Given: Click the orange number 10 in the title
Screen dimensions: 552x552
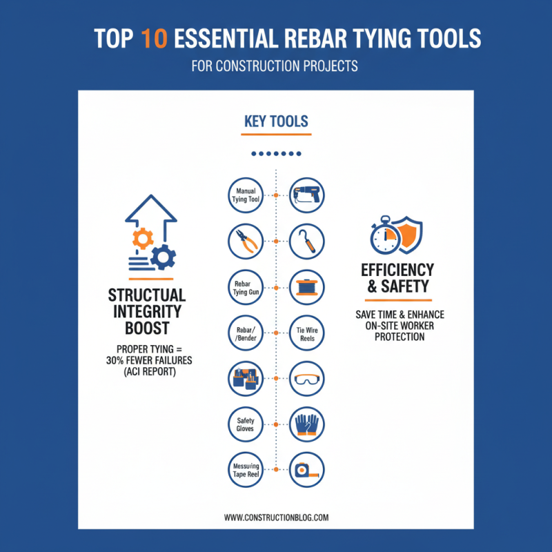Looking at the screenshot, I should [153, 39].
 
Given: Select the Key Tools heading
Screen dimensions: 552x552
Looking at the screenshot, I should [276, 121].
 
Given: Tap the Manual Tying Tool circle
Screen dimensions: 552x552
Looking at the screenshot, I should [246, 195].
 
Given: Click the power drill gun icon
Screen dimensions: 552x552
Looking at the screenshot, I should [306, 195].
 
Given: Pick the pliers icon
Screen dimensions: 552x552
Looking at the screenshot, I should [246, 241].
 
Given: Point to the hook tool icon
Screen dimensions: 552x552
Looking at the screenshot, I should [306, 241].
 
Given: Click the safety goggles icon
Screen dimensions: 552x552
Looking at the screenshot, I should [306, 379].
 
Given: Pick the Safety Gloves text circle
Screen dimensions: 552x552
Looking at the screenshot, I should [246, 424].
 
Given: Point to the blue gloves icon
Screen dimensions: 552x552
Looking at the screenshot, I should [306, 424].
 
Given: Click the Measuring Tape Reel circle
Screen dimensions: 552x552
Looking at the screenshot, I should [246, 471].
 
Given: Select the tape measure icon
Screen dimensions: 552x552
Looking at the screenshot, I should [306, 471].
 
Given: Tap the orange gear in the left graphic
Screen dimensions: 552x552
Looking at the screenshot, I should [143, 239].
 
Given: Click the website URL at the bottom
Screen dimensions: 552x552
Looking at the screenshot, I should [276, 516].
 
